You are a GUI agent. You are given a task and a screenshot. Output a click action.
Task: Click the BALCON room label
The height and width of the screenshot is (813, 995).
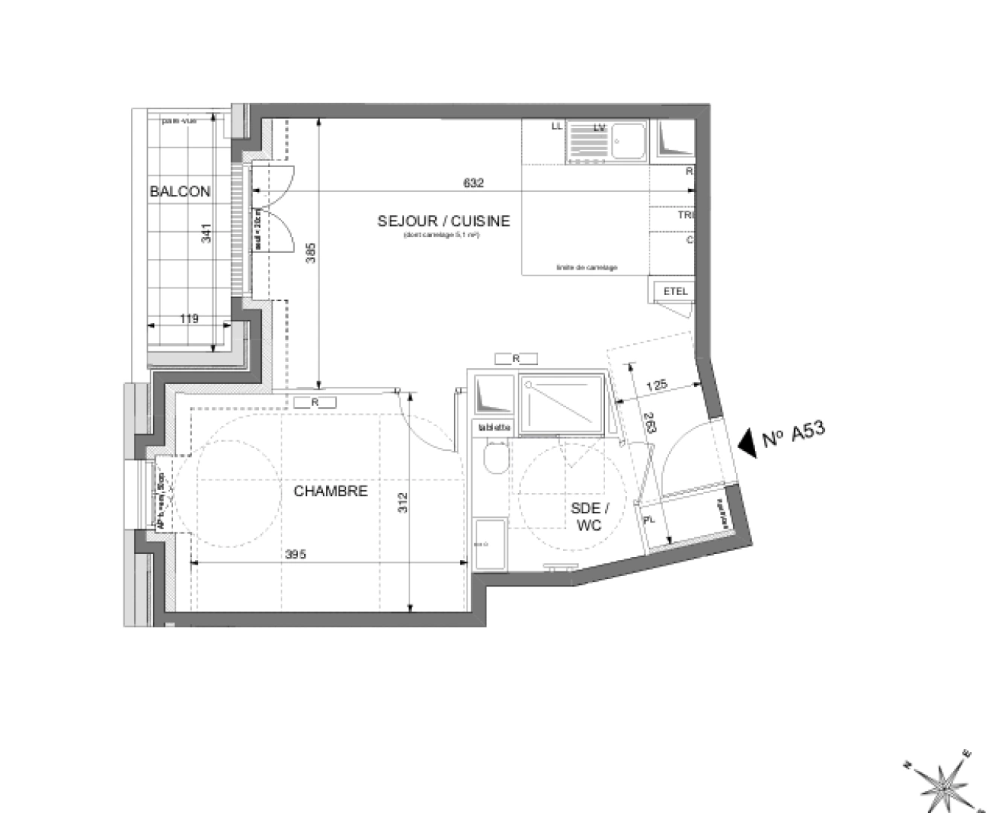180,191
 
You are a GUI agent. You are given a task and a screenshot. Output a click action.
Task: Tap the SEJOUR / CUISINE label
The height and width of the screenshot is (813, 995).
443,221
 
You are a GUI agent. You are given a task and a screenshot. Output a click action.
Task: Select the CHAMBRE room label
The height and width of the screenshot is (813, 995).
330,491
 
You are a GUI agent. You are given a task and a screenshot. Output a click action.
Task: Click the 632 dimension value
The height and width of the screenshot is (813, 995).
473,183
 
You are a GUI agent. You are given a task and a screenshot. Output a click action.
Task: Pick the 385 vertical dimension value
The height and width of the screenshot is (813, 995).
311,253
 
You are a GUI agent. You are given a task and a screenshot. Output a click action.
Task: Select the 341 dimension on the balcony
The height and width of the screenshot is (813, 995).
206,233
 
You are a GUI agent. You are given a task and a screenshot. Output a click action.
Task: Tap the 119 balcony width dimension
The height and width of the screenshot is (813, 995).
189,318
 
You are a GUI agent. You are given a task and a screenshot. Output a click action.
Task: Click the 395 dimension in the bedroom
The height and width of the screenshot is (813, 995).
296,554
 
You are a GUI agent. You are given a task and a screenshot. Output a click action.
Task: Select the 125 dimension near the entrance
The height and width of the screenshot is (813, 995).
657,385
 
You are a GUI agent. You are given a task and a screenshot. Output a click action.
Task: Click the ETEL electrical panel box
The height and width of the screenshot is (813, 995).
675,291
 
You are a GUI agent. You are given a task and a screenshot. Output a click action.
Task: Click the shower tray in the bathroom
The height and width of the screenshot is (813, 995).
561,406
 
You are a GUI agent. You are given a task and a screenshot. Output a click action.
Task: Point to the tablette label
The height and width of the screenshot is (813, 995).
494,428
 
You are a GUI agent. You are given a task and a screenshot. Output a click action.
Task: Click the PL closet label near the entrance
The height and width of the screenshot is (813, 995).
650,519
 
